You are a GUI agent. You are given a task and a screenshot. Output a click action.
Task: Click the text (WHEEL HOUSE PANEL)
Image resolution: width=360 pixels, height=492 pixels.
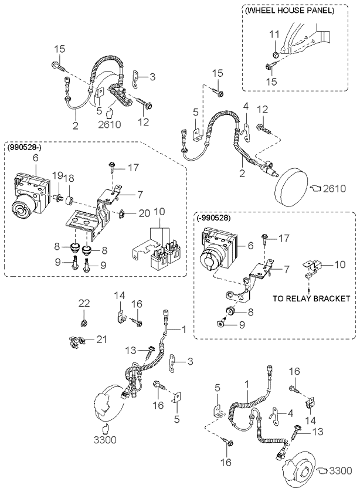point(290,10)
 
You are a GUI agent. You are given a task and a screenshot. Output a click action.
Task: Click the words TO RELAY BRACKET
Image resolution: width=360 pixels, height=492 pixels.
point(311,298)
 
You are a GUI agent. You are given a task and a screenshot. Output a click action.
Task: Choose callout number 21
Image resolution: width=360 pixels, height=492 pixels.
point(102,340)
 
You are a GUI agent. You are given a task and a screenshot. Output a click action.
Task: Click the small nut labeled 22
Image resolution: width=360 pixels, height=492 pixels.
point(84,323)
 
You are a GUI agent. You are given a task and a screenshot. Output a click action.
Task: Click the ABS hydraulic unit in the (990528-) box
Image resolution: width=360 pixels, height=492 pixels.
point(32,194)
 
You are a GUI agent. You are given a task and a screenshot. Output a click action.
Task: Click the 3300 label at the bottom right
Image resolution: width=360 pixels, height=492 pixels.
point(342,470)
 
